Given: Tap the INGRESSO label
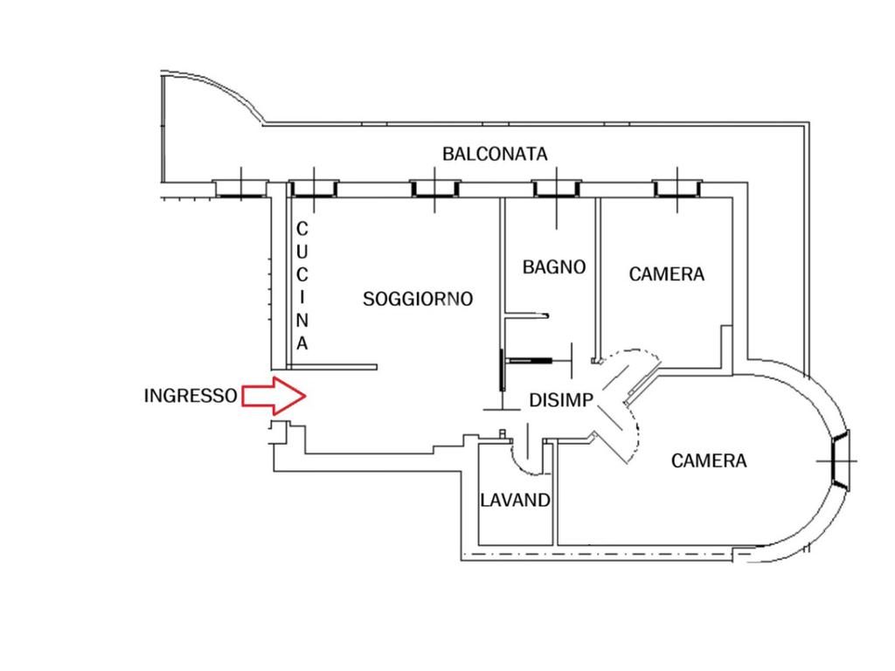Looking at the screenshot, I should [x=190, y=396].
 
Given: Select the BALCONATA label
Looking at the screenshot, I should [x=495, y=154].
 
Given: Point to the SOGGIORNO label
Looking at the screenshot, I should [x=418, y=299].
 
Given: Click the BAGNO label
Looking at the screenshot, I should [x=554, y=266].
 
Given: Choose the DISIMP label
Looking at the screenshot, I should [x=562, y=400].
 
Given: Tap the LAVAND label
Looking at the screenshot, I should [x=516, y=501].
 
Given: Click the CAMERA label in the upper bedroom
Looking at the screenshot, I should [x=667, y=274].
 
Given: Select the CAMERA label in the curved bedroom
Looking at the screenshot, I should [x=709, y=460].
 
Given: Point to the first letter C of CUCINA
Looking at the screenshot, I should [x=302, y=229].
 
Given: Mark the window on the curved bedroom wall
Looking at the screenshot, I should [x=840, y=460].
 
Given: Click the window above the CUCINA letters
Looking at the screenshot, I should [x=314, y=186].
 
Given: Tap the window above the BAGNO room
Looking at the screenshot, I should [x=558, y=186].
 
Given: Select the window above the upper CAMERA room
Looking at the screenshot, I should [x=677, y=186].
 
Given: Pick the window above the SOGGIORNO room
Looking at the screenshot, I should [x=435, y=186].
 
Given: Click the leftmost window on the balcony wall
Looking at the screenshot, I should [x=239, y=186].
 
